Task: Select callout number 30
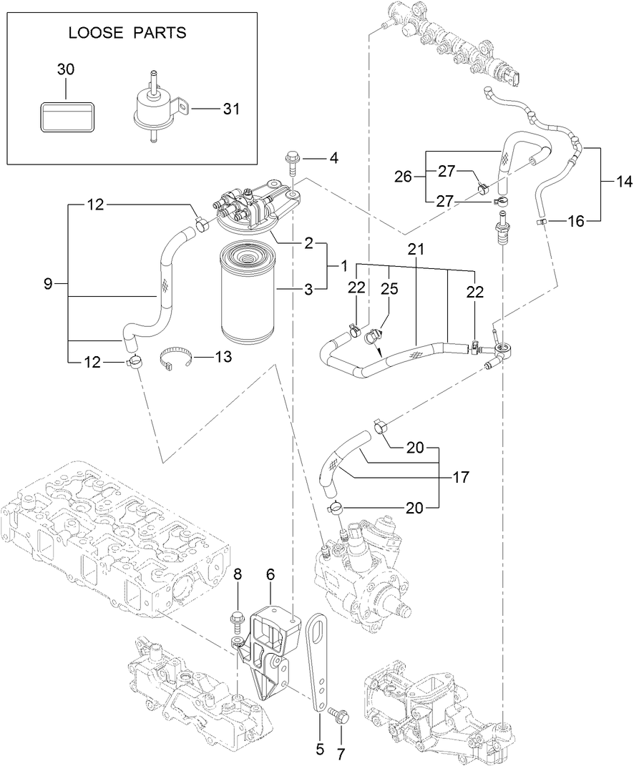tap(65, 69)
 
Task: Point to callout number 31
tap(231, 109)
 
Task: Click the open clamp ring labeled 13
tap(176, 356)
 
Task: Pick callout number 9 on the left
tap(48, 284)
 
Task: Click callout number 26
tap(404, 177)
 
